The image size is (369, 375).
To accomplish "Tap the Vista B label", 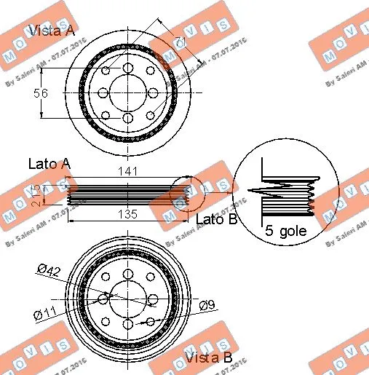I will tap(208, 358).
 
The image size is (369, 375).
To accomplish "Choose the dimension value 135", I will tap(129, 214).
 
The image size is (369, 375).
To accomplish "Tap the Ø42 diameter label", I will tap(48, 271).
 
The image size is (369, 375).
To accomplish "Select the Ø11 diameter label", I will tap(47, 314).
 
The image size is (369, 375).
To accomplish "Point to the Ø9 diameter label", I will tap(207, 307).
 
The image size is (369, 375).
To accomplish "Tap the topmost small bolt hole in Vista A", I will tap(128, 68).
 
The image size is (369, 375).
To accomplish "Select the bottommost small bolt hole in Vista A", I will tap(128, 118).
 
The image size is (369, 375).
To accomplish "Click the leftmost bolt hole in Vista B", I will tap(103, 299).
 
